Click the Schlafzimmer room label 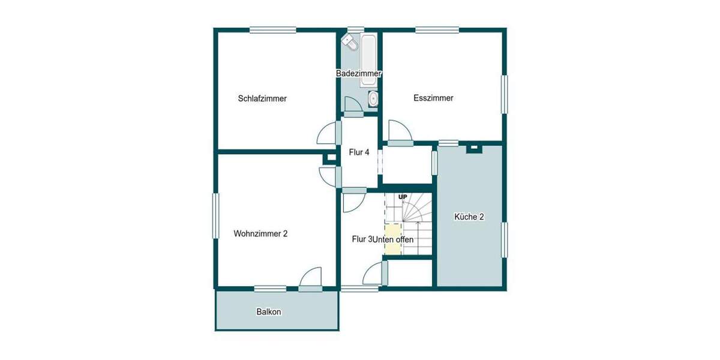click(x=262, y=98)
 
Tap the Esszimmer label click(x=433, y=98)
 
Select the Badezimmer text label click(x=359, y=73)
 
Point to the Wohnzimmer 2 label click(x=260, y=234)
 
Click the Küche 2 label click(x=469, y=217)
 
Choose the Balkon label click(x=269, y=312)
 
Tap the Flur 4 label click(x=359, y=152)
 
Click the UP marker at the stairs click(x=403, y=197)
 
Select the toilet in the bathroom click(x=349, y=42)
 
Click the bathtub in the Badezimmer click(x=368, y=53)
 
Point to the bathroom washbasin click(x=373, y=98)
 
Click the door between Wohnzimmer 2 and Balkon click(x=311, y=280)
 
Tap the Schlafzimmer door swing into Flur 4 click(x=327, y=133)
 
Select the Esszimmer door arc click(x=398, y=131)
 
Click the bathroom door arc click(x=352, y=104)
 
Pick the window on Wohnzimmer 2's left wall click(x=215, y=217)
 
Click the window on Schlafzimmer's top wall click(x=272, y=29)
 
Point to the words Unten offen click(x=392, y=239)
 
